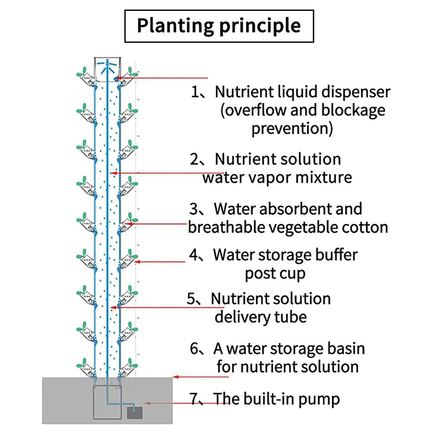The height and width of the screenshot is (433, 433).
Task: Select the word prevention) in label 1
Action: coord(292,128)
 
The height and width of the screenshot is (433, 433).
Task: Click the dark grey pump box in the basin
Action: coord(135,413)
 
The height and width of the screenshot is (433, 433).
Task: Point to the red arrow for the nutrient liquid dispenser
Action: coord(162,78)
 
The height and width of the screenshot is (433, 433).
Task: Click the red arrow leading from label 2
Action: coord(168,173)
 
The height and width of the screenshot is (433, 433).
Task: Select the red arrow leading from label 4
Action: coord(160,262)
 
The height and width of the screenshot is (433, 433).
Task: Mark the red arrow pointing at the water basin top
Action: coord(200,377)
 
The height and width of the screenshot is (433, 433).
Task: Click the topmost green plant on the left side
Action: coord(82,73)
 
